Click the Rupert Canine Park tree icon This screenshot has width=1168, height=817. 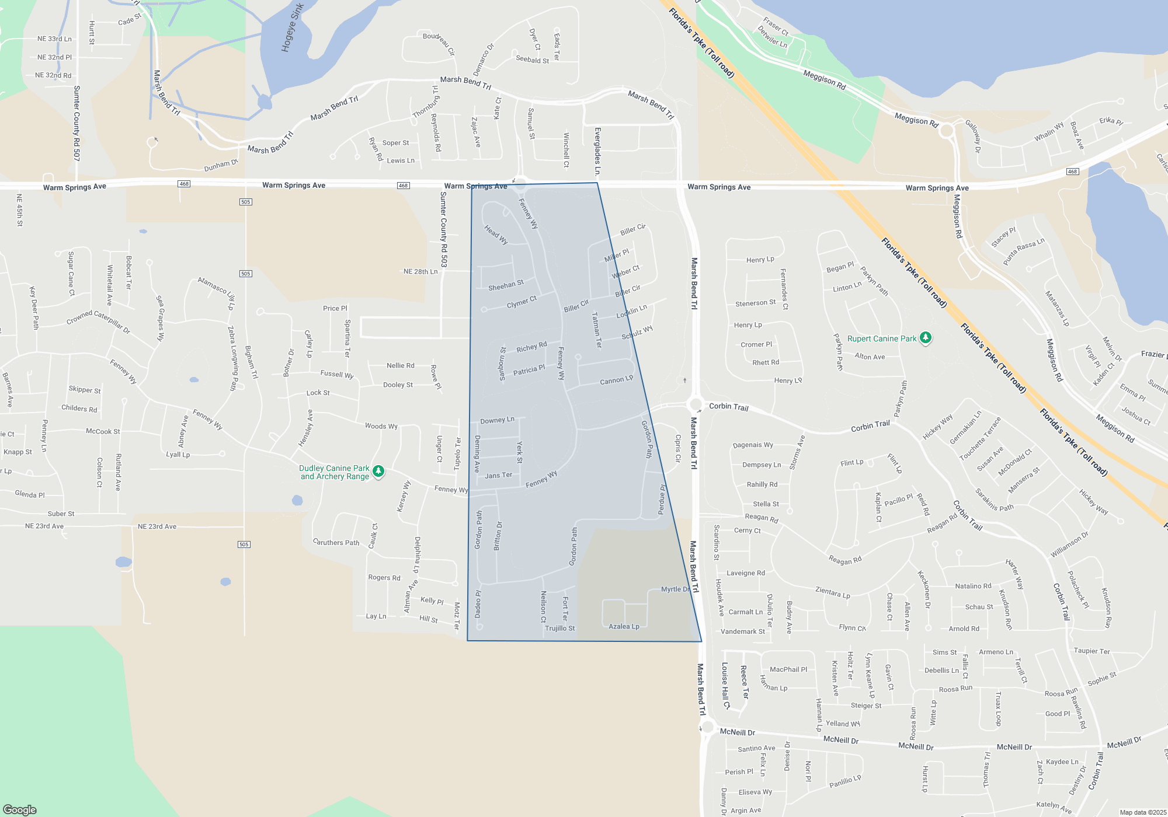point(926,338)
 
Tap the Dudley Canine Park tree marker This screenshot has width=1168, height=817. point(378,472)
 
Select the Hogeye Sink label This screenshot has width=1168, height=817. point(293,28)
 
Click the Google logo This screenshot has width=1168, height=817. point(20,809)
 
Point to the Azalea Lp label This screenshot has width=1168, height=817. point(624,626)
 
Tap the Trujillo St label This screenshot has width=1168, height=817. point(559,629)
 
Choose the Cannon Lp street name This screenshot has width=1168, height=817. point(616,380)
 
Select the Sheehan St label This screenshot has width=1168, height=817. point(506,285)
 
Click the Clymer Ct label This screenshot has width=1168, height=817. point(522,302)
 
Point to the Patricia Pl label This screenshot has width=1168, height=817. point(529,370)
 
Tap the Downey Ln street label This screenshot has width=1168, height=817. point(497,420)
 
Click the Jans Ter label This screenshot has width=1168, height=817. point(498,476)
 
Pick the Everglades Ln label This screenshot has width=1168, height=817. point(597,152)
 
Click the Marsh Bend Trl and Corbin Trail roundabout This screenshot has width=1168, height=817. point(695,404)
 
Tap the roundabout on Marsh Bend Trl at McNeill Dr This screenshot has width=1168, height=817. point(708,727)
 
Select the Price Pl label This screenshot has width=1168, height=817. point(335,308)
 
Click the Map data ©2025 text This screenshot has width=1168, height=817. point(1143,812)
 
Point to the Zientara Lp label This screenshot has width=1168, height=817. point(832,592)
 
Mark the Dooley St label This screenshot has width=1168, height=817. point(398,385)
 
